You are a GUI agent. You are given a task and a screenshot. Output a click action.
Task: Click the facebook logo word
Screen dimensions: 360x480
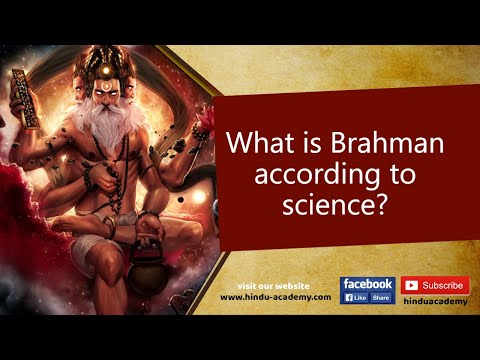[x=368, y=284]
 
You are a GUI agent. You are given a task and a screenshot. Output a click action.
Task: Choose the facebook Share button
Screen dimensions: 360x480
[x=381, y=298]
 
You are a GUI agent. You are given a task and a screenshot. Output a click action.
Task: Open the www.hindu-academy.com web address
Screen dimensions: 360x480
[x=275, y=297]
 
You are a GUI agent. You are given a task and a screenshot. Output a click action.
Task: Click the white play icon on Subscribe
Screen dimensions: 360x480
[x=410, y=285]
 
